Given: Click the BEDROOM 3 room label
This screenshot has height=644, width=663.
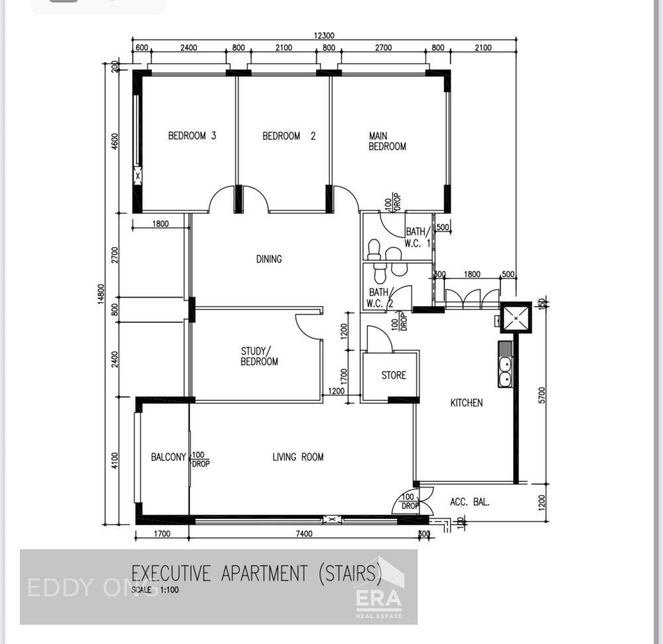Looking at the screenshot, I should [192, 136].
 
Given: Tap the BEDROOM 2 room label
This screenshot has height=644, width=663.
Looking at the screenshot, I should [288, 136].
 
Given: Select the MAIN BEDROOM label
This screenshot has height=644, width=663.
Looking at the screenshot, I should [387, 141].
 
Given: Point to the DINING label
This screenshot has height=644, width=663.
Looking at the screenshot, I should [269, 259].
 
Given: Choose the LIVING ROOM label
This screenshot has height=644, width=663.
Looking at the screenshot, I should [298, 456].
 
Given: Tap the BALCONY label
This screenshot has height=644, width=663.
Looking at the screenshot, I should [168, 456].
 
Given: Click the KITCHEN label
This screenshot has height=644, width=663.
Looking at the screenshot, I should [467, 402].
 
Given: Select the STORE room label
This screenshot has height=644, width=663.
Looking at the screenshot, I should [393, 375].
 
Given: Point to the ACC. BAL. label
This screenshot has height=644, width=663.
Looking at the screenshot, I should [469, 502].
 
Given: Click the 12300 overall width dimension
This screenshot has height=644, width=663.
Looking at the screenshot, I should [324, 36].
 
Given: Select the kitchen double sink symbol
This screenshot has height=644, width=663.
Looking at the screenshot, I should [505, 372].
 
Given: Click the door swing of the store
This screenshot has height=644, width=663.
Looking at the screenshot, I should [378, 339].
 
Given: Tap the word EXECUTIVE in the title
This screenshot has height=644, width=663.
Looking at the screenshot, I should [173, 572].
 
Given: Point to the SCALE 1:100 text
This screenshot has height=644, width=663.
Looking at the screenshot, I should [155, 589].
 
